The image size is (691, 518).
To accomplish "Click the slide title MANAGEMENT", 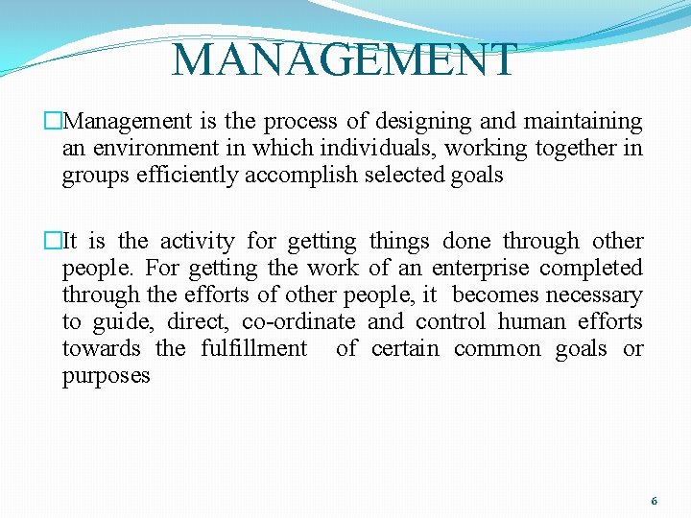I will click(x=344, y=59).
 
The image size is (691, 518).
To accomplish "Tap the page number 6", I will click(x=654, y=501).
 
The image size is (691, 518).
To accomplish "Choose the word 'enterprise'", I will click(x=480, y=269).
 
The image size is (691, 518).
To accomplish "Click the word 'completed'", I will click(x=592, y=269).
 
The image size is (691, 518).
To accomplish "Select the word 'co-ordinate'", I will click(x=298, y=322).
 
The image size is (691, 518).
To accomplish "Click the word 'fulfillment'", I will click(x=254, y=349).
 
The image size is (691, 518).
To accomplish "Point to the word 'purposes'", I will click(x=107, y=376).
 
